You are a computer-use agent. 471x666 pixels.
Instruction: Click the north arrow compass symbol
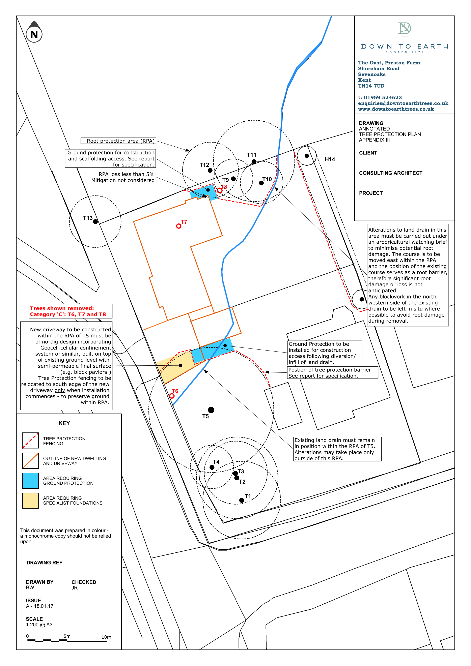[34, 33]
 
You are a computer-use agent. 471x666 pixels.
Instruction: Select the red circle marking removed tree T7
[179, 226]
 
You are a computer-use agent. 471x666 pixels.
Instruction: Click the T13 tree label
[88, 218]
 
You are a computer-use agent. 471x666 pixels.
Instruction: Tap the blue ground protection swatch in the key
[30, 481]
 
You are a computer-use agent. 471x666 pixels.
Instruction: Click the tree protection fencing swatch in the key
[30, 440]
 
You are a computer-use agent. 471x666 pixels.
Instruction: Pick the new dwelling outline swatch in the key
[30, 461]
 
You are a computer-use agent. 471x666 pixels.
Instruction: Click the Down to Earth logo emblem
[404, 29]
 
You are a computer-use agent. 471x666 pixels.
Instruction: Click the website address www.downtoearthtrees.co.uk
[396, 109]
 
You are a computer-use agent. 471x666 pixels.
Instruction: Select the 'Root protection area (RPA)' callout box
[118, 141]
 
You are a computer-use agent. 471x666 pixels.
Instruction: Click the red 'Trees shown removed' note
[71, 311]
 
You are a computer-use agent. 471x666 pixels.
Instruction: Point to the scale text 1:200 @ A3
[39, 625]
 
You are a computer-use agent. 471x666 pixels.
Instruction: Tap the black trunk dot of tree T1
[242, 500]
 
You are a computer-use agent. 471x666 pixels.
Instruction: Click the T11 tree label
[251, 155]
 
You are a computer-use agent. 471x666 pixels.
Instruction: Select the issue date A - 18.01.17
[39, 606]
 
